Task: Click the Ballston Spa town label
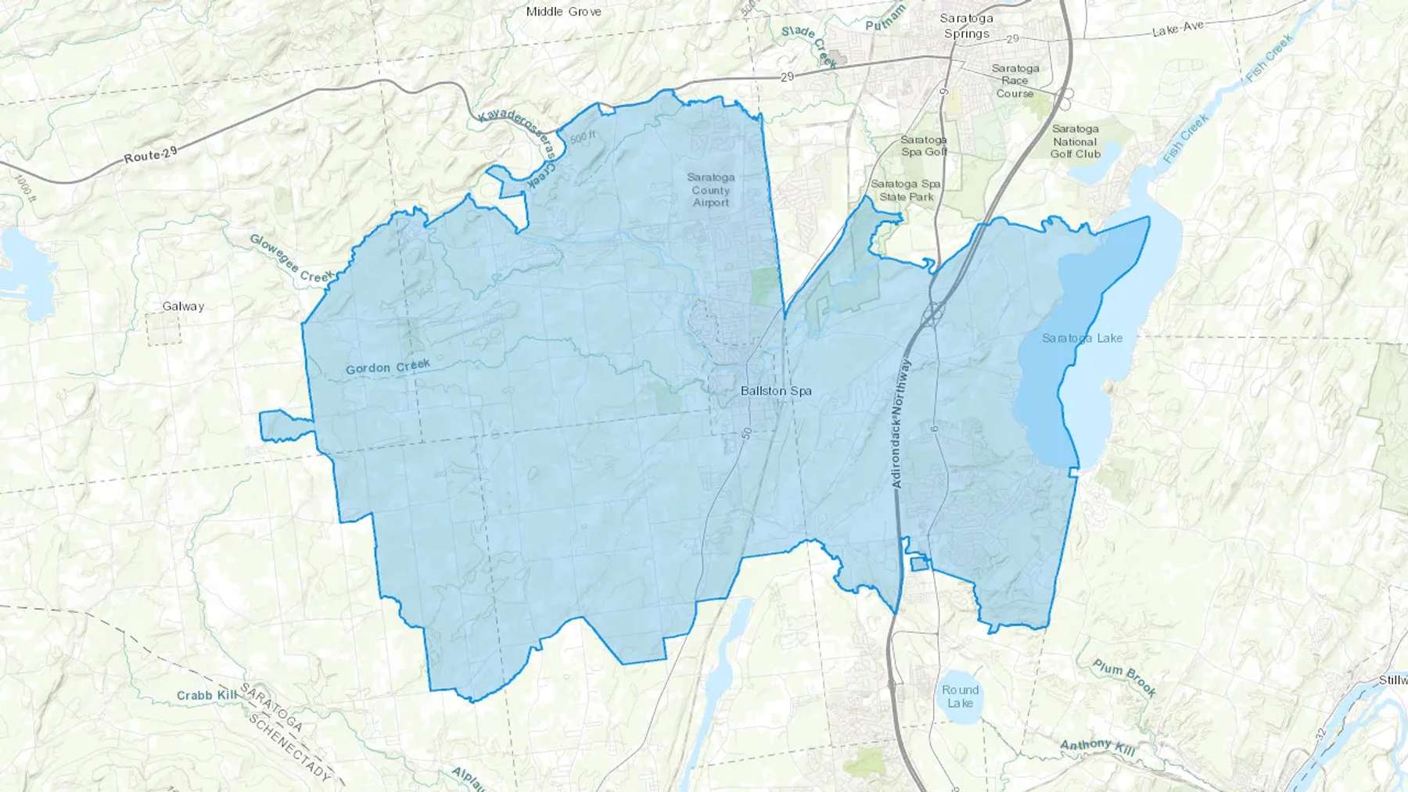(x=776, y=391)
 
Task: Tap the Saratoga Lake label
(x=1082, y=339)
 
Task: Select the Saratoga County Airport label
(x=710, y=190)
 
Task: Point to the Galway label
(x=183, y=306)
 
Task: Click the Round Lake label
(x=960, y=697)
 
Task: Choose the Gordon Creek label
(x=388, y=367)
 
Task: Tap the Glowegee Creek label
(x=292, y=258)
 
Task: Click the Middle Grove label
(x=563, y=12)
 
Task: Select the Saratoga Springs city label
(x=967, y=26)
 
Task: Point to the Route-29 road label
(x=150, y=156)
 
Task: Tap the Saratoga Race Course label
(x=1015, y=81)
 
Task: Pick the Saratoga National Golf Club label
(x=1075, y=142)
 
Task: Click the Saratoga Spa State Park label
(x=906, y=190)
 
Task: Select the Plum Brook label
(x=1125, y=678)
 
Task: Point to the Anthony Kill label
(x=1097, y=747)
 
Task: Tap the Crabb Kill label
(x=207, y=695)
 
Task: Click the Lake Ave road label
(x=1178, y=29)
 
